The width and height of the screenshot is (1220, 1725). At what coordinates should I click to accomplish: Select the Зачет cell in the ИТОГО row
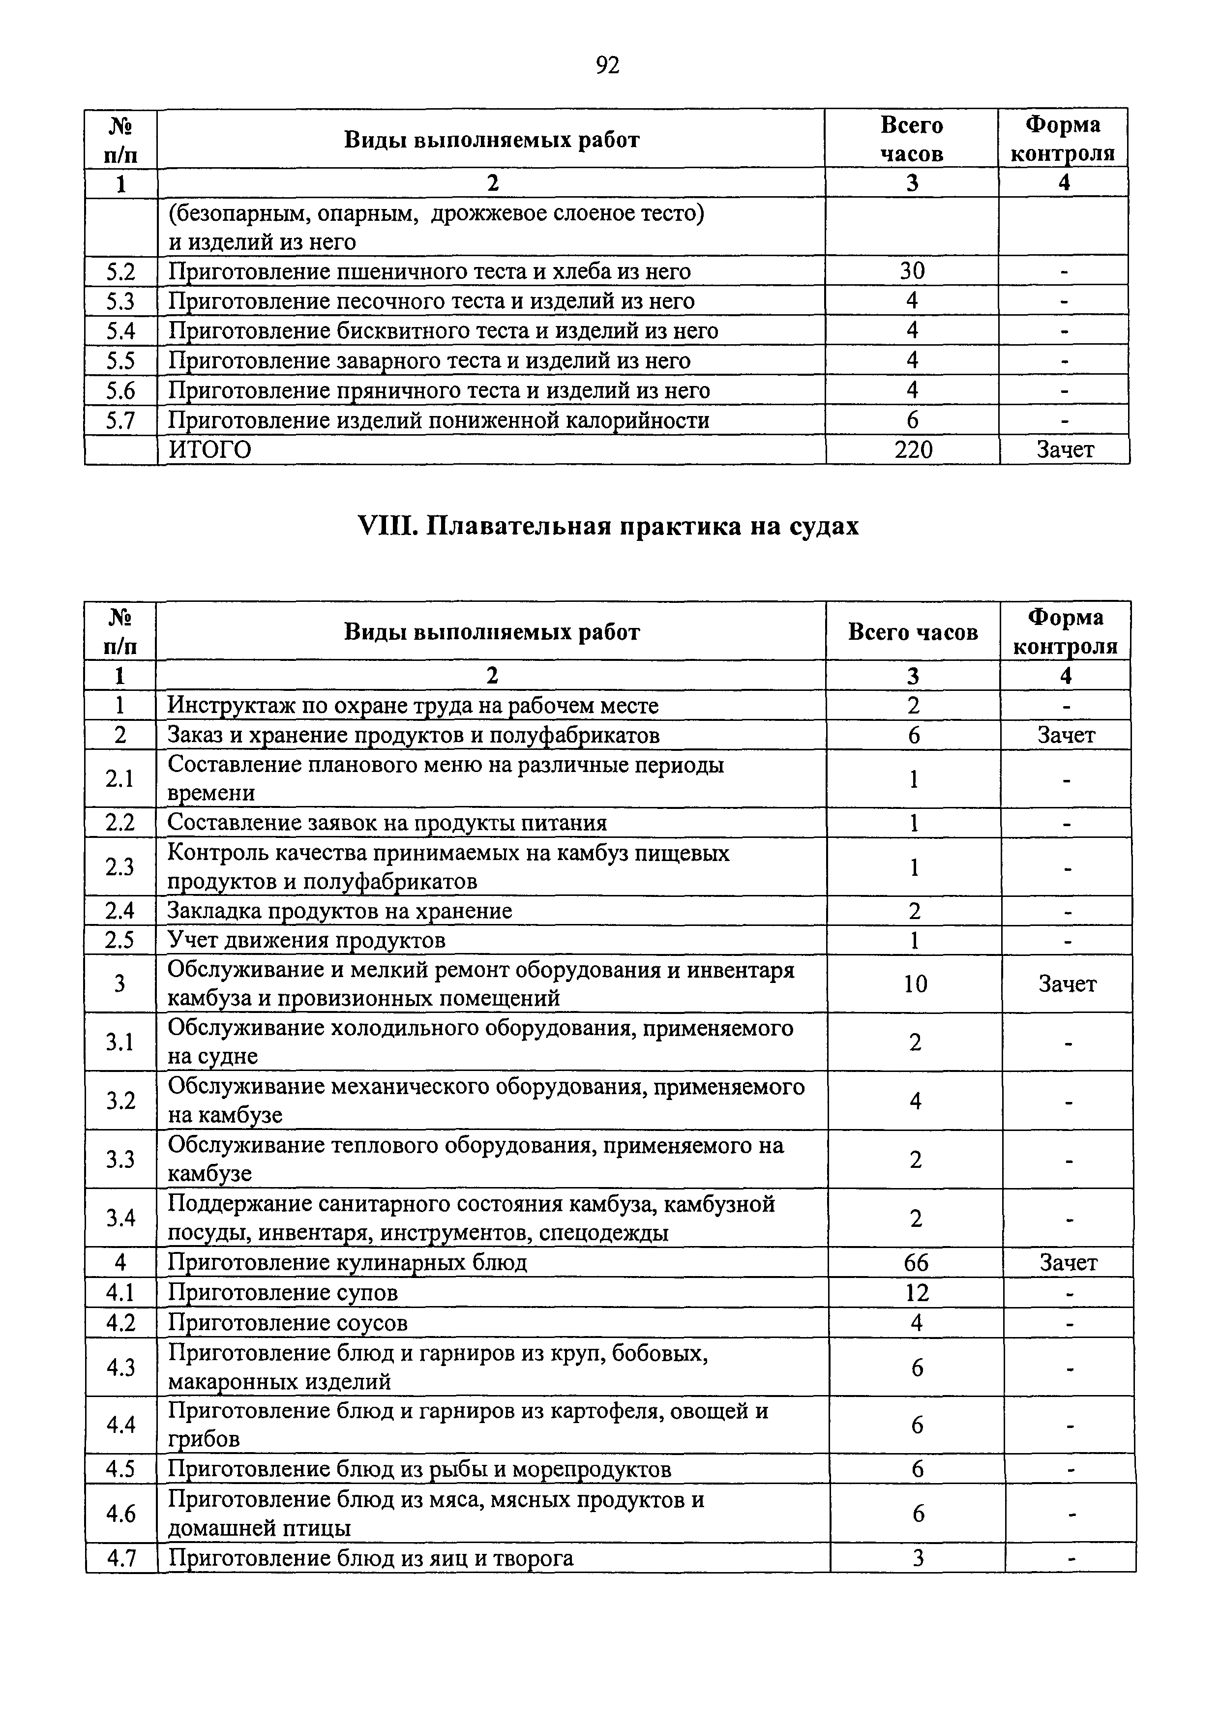coord(1065,450)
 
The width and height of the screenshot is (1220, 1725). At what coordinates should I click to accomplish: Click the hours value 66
coord(916,1263)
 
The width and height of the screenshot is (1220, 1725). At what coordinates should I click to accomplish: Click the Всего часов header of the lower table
coord(913,632)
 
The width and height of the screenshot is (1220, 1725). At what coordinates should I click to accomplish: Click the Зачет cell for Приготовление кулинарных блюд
coord(1068,1263)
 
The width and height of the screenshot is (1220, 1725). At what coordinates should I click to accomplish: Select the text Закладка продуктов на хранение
coord(340,911)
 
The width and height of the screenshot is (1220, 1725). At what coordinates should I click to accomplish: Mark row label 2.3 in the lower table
coord(120,867)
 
